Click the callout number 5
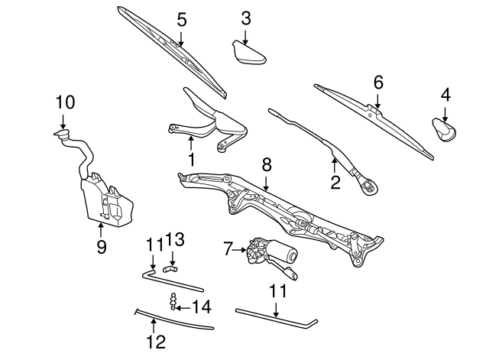pyautogui.click(x=181, y=19)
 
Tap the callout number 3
pyautogui.click(x=245, y=17)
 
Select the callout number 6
pyautogui.click(x=377, y=82)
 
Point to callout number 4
pyautogui.click(x=445, y=96)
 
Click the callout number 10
pyautogui.click(x=65, y=102)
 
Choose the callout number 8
pyautogui.click(x=266, y=164)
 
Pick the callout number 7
pyautogui.click(x=228, y=248)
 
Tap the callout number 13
pyautogui.click(x=175, y=241)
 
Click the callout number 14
pyautogui.click(x=202, y=307)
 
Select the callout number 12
pyautogui.click(x=155, y=342)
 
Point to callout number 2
pyautogui.click(x=335, y=182)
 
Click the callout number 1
pyautogui.click(x=191, y=160)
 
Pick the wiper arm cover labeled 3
pyautogui.click(x=248, y=53)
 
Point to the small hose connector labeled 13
pyautogui.click(x=169, y=269)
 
